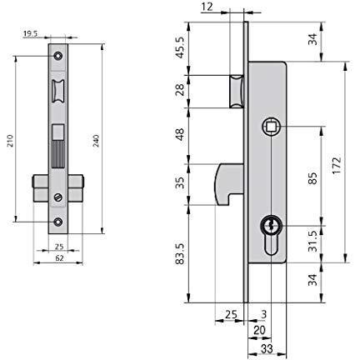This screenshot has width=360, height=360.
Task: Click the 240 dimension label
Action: coord(96,141)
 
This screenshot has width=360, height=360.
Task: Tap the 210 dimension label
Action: coord(10,141)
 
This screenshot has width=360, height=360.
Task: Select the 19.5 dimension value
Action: coord(30,34)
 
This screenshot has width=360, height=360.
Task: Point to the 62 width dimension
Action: coord(59,258)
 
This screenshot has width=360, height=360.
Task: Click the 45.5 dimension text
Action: coord(181,47)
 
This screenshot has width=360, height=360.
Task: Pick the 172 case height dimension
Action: coord(337,166)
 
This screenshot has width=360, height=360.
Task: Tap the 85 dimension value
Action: coord(312,178)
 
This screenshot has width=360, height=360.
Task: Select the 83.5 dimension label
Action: coord(181,254)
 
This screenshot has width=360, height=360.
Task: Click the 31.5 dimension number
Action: coord(313,242)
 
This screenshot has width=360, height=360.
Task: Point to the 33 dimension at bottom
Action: coord(267,349)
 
